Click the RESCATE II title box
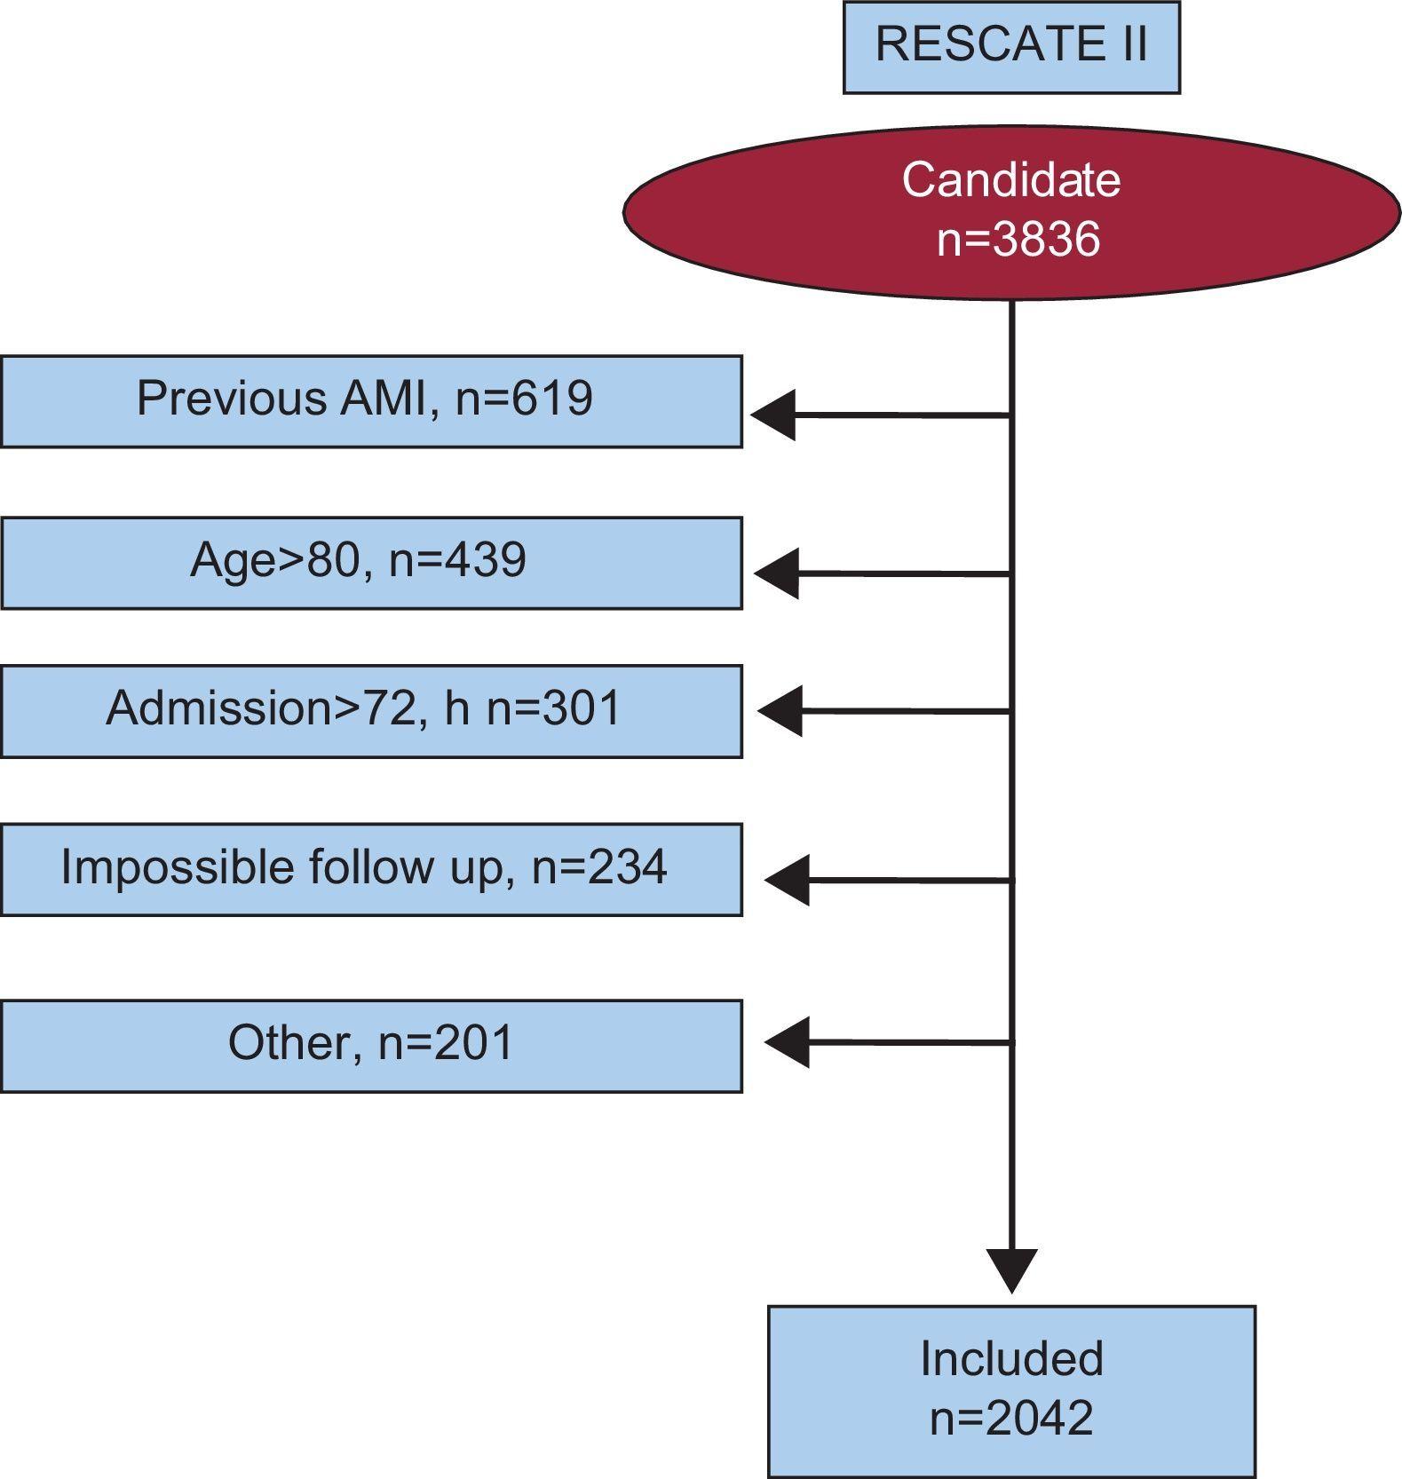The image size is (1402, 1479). (x=1010, y=46)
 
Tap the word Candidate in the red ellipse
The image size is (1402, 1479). (x=1010, y=179)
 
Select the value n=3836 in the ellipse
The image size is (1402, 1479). (x=1018, y=239)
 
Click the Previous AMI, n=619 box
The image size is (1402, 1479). (x=371, y=401)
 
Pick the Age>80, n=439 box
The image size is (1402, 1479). (x=371, y=563)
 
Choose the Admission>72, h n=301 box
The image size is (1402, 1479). (x=371, y=711)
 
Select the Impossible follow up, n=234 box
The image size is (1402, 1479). (x=371, y=869)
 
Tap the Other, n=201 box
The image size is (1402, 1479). (x=371, y=1046)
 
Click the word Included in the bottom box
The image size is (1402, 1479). (x=1011, y=1359)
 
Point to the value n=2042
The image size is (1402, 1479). (x=1011, y=1418)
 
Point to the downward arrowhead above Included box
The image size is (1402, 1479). (x=1011, y=1268)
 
